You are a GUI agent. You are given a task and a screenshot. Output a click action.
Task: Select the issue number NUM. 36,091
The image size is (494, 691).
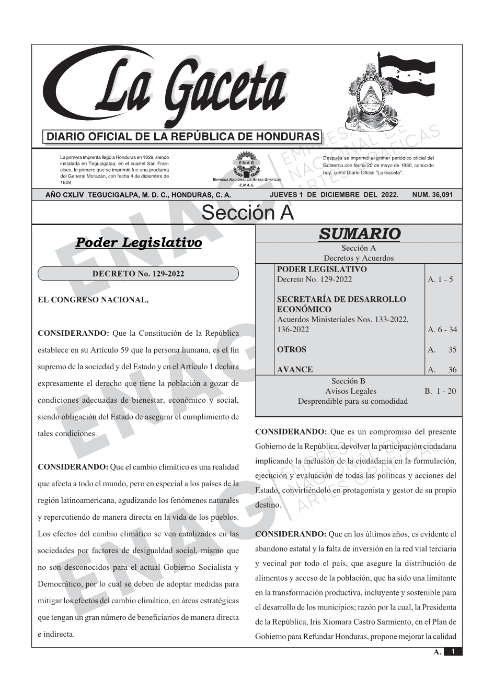[432, 195]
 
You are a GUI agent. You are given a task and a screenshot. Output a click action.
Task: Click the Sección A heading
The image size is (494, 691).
[247, 213]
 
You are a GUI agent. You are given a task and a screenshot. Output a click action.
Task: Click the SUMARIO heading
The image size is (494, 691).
[359, 233]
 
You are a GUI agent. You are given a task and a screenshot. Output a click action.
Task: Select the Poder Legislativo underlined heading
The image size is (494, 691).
[139, 243]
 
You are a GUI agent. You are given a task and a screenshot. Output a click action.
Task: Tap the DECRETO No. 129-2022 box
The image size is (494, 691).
[138, 274]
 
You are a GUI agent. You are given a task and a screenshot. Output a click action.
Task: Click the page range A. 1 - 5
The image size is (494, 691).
[440, 279]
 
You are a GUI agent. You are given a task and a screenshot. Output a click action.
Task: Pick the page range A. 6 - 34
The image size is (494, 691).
[442, 330]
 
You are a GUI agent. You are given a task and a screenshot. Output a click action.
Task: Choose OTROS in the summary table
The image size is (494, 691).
[292, 349]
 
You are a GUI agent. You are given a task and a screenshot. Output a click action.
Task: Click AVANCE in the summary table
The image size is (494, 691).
[295, 369]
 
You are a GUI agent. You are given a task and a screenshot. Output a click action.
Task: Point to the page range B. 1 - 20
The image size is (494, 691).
[440, 391]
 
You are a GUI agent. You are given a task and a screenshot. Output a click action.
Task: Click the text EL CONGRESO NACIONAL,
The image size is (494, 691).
[93, 300]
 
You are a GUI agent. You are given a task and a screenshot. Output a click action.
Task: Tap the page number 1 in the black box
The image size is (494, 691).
[453, 651]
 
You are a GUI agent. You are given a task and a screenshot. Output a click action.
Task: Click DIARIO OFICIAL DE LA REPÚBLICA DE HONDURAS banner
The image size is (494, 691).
[183, 137]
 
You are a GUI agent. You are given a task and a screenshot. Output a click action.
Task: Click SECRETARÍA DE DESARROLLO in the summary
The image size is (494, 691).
[341, 299]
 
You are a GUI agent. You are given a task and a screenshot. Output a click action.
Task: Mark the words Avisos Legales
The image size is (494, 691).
[350, 391]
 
